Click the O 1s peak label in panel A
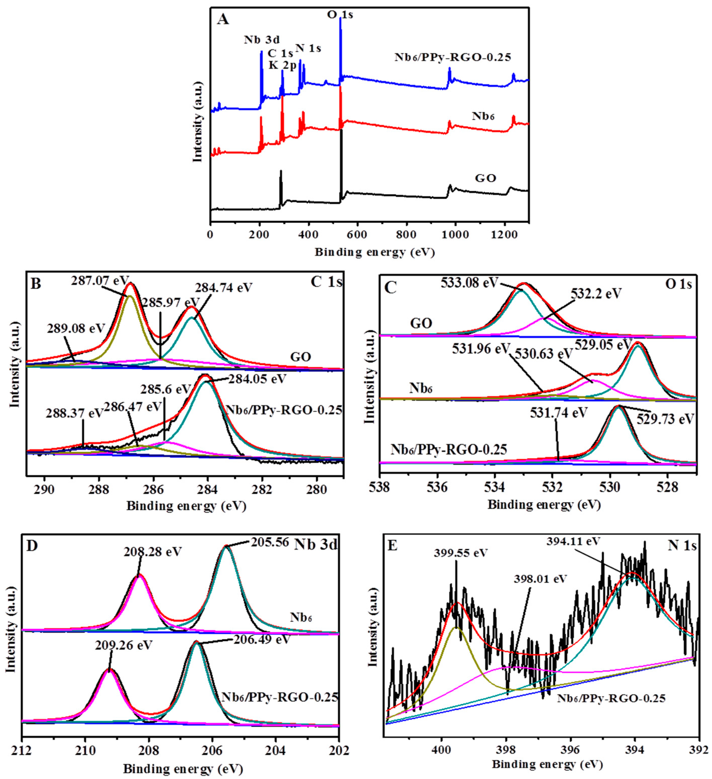(340, 15)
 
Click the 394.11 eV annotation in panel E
(573, 541)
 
